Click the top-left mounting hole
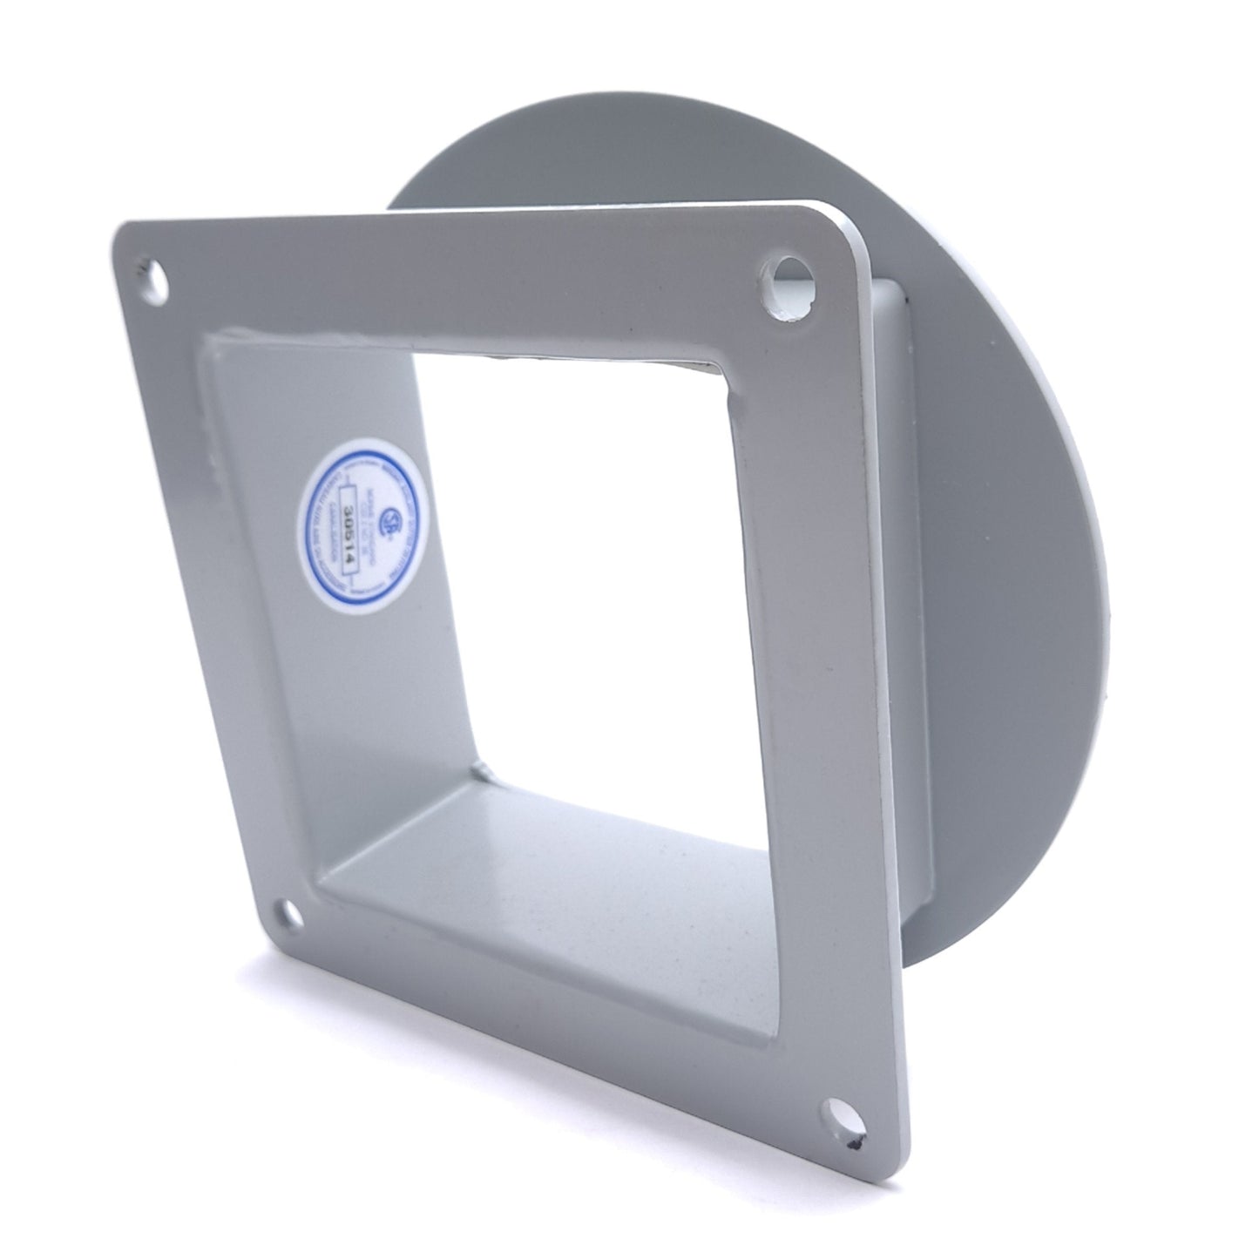point(159,280)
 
